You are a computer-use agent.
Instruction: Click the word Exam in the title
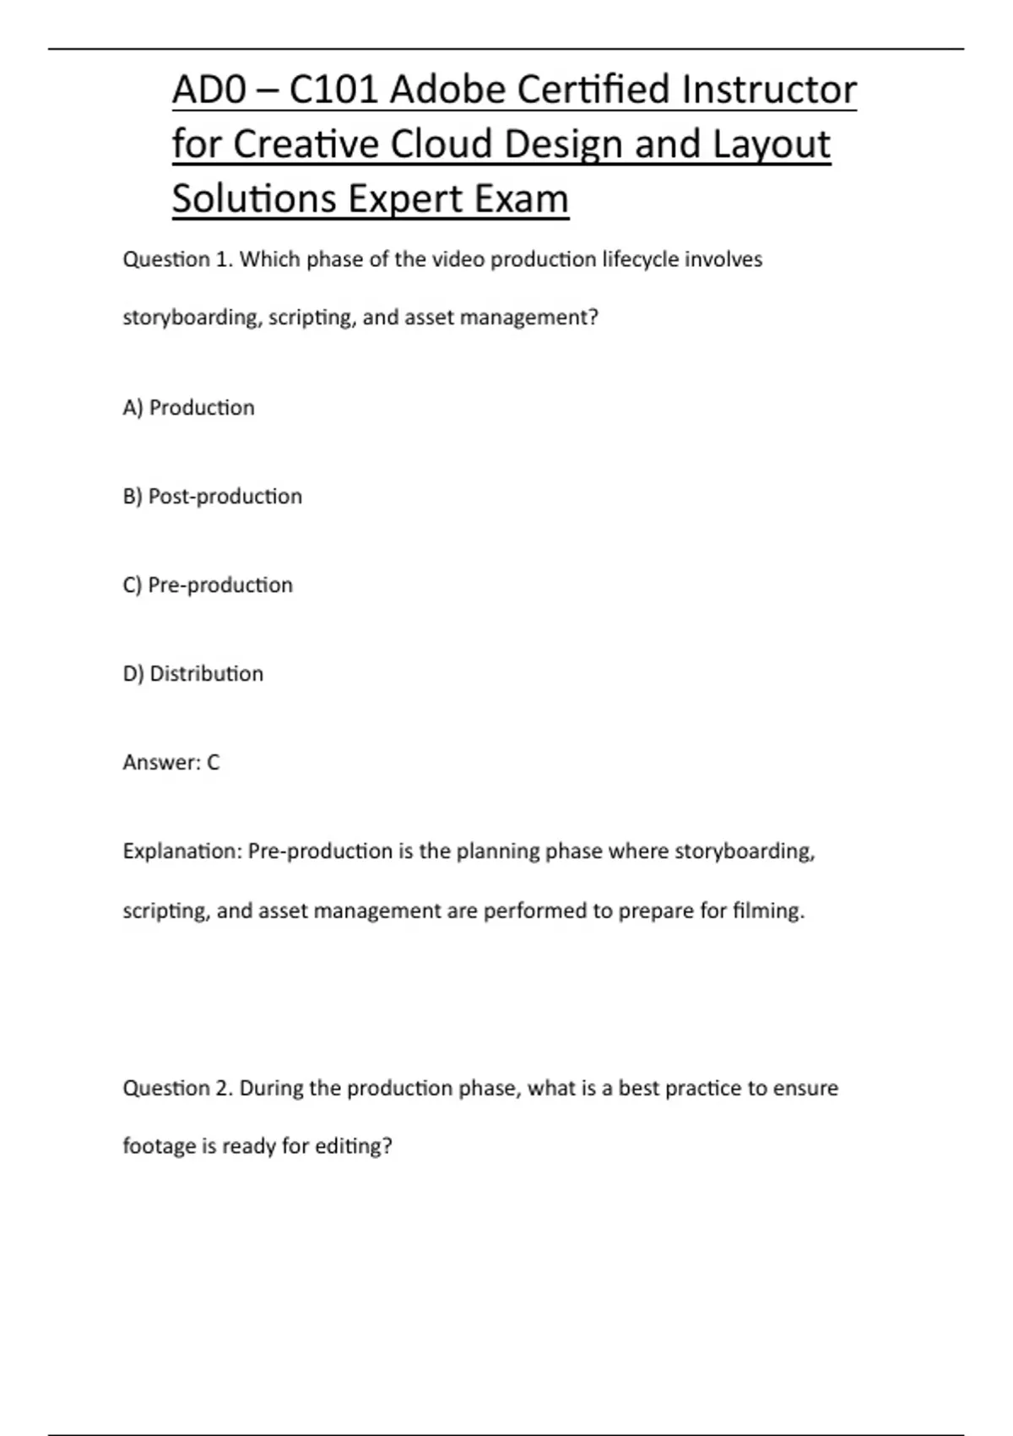coord(521,199)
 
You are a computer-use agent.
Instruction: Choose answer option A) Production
coord(188,408)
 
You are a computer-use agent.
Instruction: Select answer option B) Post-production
coord(212,497)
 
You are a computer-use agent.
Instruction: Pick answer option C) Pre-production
coord(208,585)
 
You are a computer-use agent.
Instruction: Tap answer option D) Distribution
coord(192,674)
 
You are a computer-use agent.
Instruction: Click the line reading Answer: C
coord(171,763)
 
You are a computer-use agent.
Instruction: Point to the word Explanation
coord(182,851)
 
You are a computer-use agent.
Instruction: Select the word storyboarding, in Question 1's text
coord(192,318)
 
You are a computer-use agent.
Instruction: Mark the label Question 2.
coord(177,1088)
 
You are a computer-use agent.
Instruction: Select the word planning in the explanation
coord(497,851)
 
